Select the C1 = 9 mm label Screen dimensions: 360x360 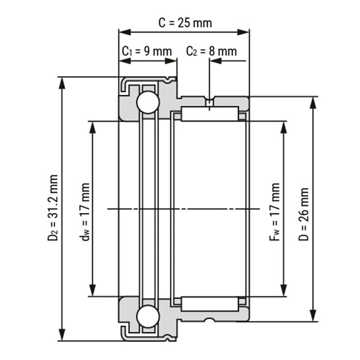coord(147,51)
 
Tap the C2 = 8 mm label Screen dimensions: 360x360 coord(211,51)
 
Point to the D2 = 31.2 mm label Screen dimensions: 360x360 coord(52,208)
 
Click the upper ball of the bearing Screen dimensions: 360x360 coord(148,103)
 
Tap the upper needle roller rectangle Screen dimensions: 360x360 coord(210,114)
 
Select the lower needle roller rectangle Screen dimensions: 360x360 coord(210,304)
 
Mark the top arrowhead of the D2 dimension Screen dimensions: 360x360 coord(62,82)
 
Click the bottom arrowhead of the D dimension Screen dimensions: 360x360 coord(313,316)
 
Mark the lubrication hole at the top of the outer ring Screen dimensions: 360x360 coord(210,103)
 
